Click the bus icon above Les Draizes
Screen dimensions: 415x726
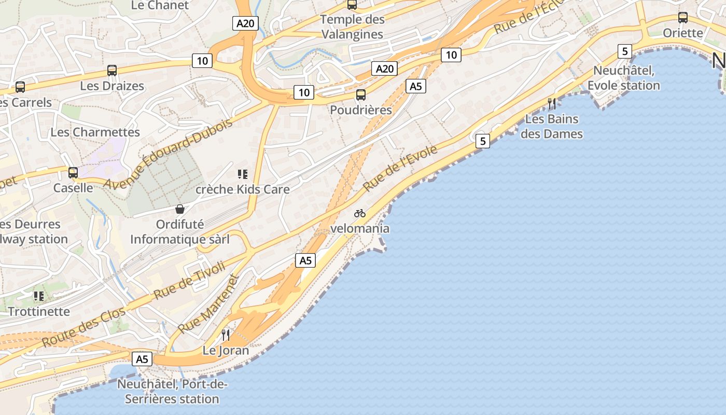pyautogui.click(x=112, y=71)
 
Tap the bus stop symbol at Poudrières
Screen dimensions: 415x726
pyautogui.click(x=361, y=95)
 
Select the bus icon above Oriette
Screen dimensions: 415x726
pyautogui.click(x=683, y=18)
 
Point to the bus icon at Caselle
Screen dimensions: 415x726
pyautogui.click(x=73, y=172)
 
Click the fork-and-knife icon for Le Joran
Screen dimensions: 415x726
pyautogui.click(x=226, y=335)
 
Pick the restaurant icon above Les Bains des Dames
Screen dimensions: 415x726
pyautogui.click(x=552, y=104)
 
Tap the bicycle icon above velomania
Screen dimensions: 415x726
pyautogui.click(x=360, y=213)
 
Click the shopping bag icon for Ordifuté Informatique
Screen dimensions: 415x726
pyautogui.click(x=180, y=209)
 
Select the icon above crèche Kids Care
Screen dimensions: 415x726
pyautogui.click(x=242, y=174)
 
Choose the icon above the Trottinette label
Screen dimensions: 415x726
pyautogui.click(x=39, y=296)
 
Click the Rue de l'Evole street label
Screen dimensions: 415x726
pyautogui.click(x=400, y=168)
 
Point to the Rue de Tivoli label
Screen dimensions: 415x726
pyautogui.click(x=189, y=280)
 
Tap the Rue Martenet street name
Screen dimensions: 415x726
pyautogui.click(x=210, y=305)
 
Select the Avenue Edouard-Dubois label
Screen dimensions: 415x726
pyautogui.click(x=168, y=154)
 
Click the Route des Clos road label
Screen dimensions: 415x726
pyautogui.click(x=83, y=327)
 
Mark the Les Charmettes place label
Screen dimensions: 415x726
pyautogui.click(x=95, y=132)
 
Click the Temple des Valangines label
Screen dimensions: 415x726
pyautogui.click(x=353, y=27)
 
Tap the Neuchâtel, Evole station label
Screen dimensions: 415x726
pyautogui.click(x=624, y=78)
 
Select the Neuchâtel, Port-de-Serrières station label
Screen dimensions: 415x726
pyautogui.click(x=172, y=392)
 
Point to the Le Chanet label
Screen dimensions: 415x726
pyautogui.click(x=152, y=5)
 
